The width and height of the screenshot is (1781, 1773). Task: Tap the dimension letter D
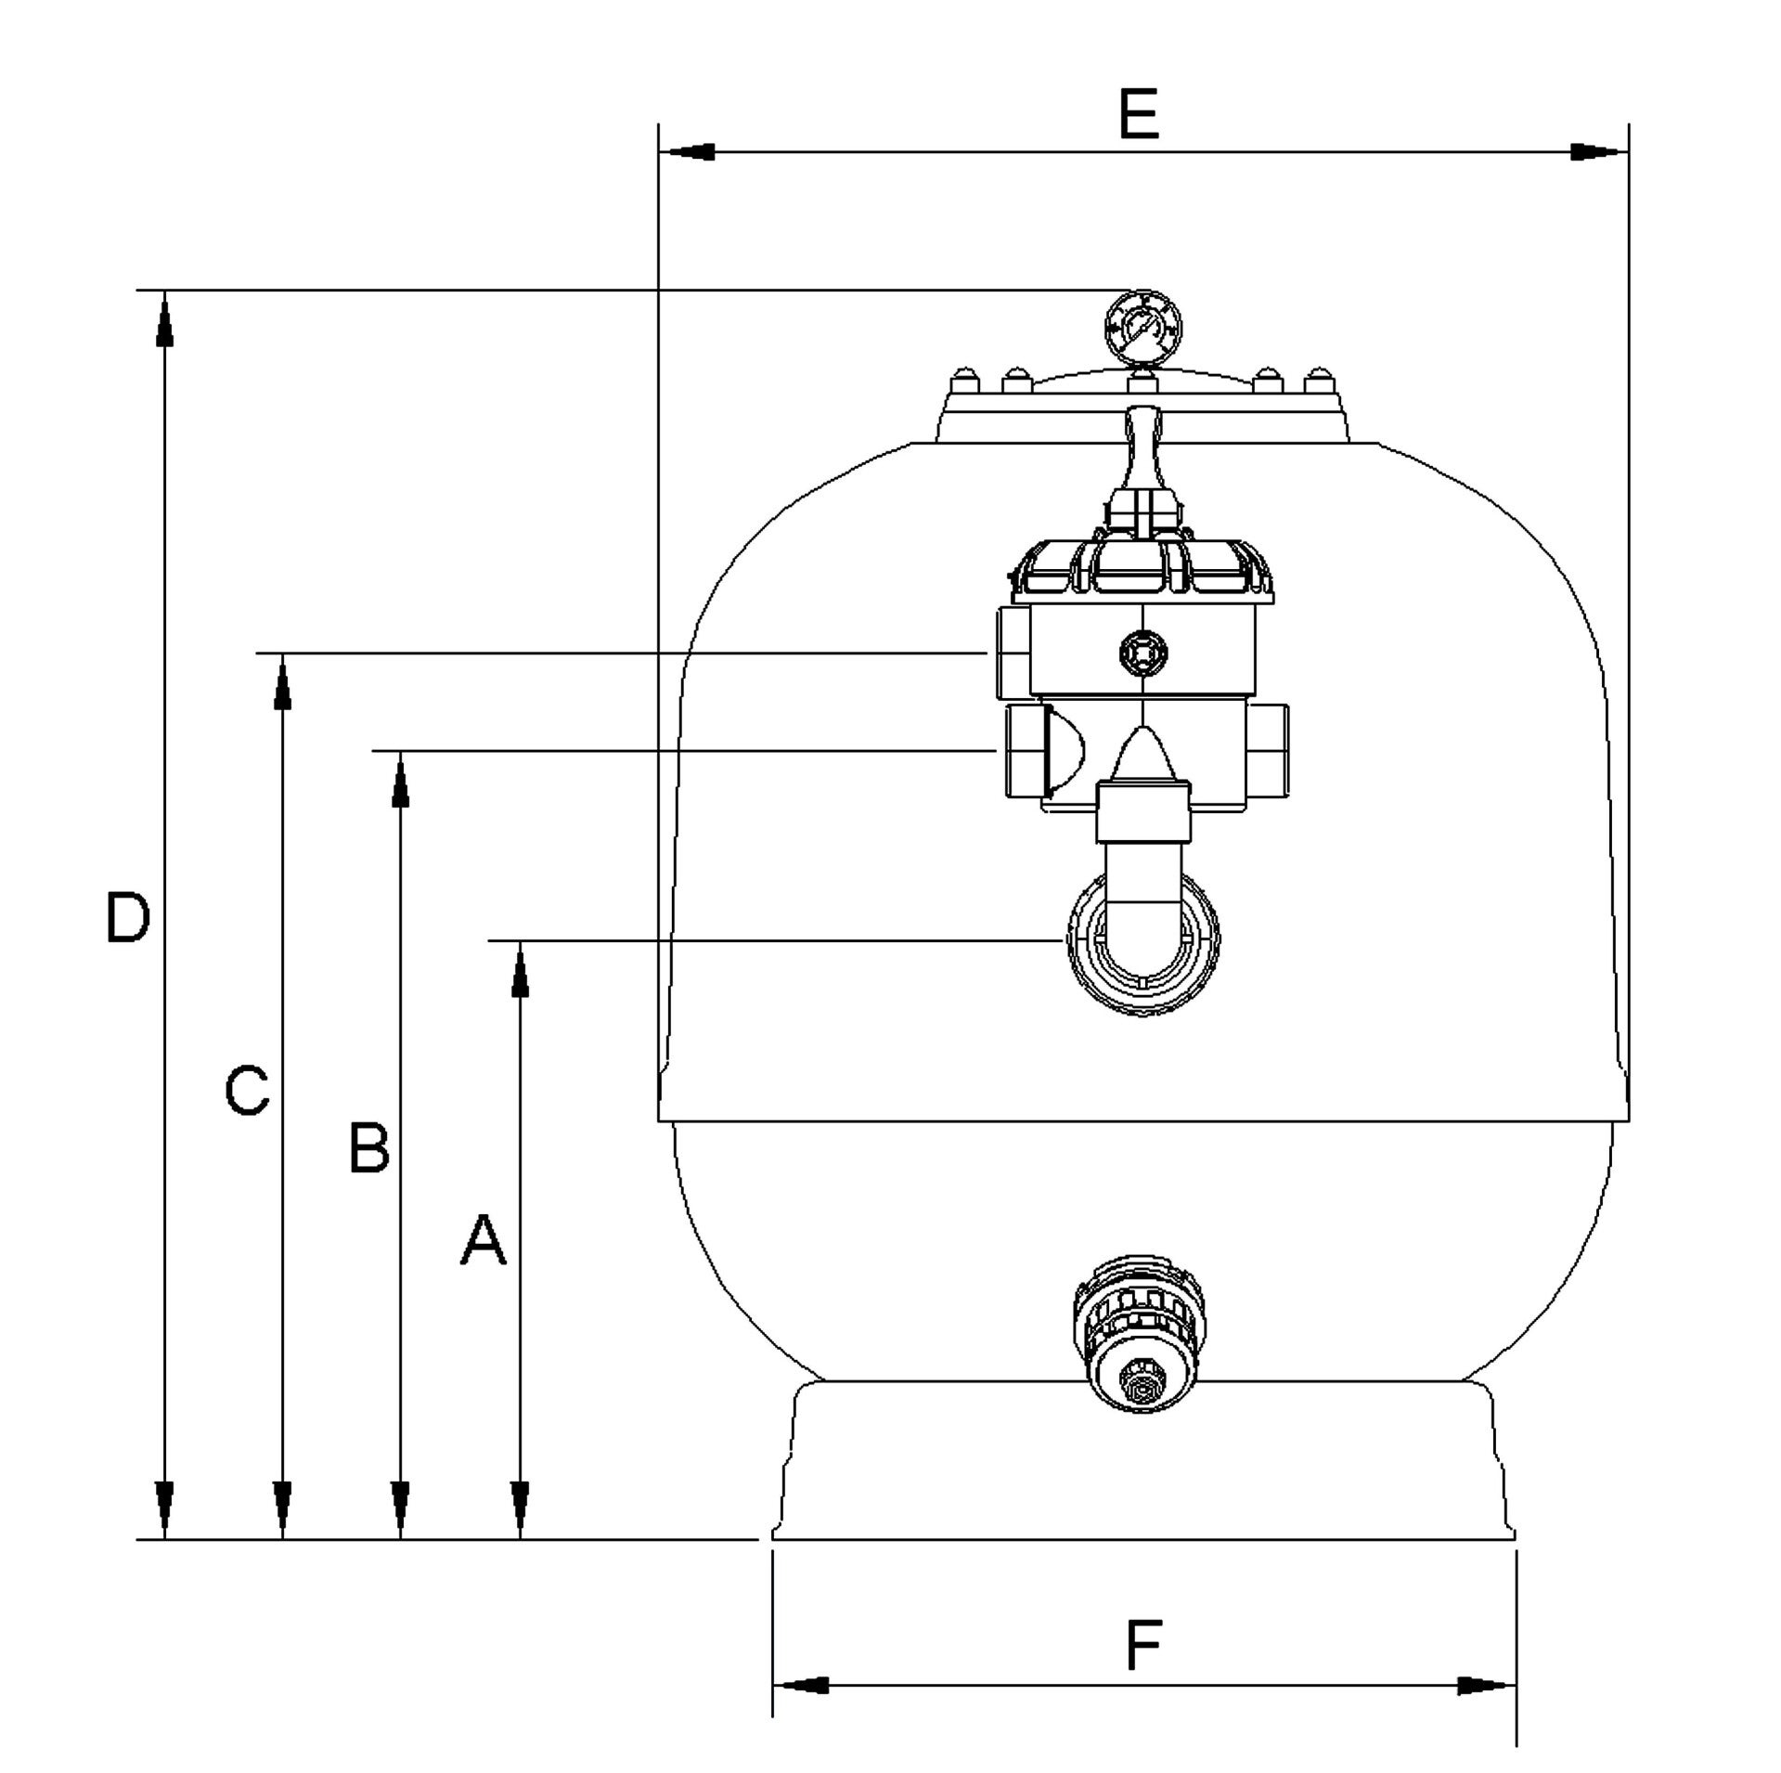coord(127,918)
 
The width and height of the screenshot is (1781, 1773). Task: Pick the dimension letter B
coord(368,1147)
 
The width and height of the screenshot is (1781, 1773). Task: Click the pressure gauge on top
coord(1143,329)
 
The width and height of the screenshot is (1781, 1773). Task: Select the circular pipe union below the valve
coord(1142,949)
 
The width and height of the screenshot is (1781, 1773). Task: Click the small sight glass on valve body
coord(1142,654)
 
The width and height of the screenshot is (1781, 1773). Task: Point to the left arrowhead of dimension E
coord(686,151)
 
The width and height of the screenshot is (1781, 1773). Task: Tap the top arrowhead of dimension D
coord(164,319)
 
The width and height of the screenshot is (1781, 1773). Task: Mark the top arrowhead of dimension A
coord(520,969)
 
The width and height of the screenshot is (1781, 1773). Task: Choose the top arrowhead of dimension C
coord(283,681)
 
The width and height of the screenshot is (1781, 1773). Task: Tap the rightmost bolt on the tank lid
coord(1319,380)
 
